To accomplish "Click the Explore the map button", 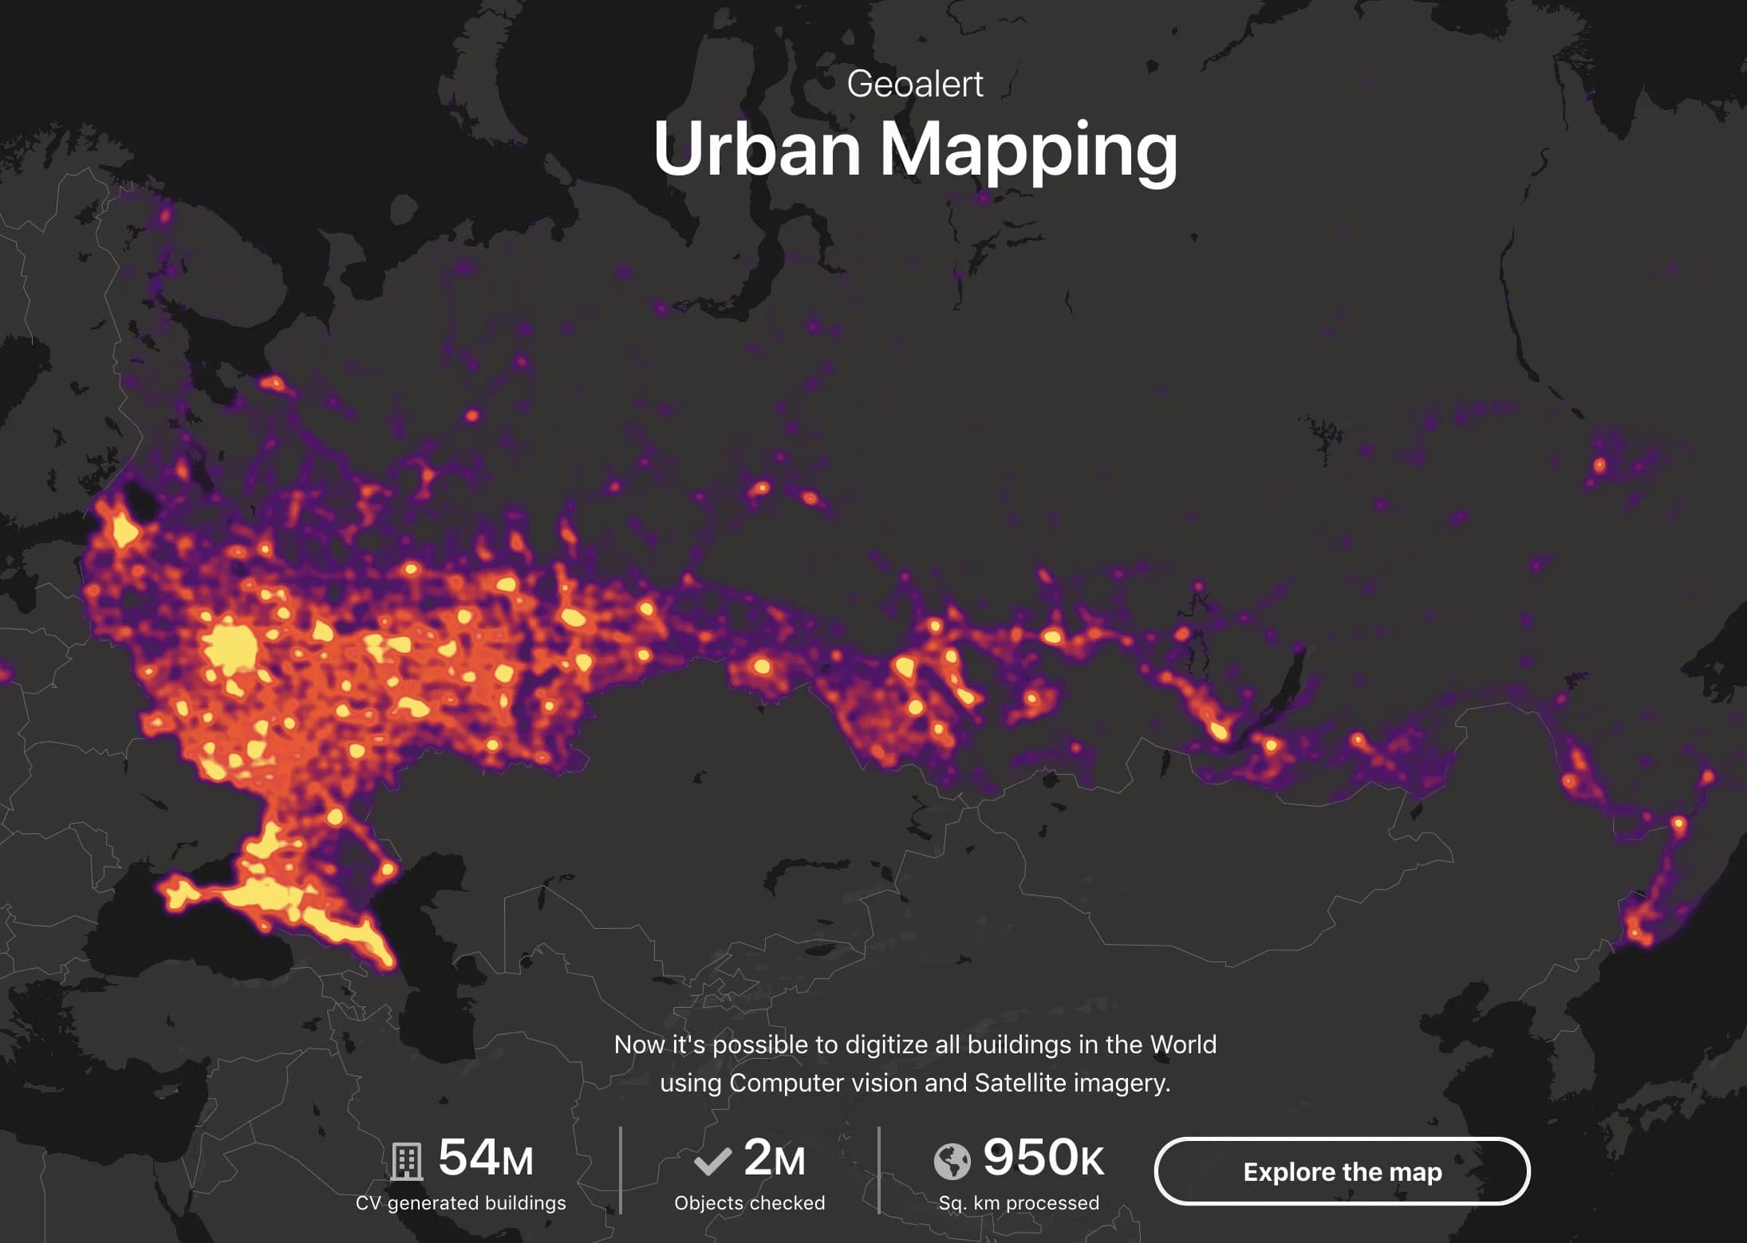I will coord(1342,1171).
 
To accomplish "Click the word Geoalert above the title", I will coord(915,84).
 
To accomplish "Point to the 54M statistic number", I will coord(485,1158).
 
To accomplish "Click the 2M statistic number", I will coord(774,1158).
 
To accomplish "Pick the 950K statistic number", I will coord(1043,1158).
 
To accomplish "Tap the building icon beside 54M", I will coord(406,1161).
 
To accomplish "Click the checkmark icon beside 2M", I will coord(712,1161).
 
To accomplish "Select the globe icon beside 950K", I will coord(952,1161).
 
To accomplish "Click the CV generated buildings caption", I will coord(460,1203).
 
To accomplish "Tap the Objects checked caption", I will coord(749,1203).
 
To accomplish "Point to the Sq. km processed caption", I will coord(1019,1203).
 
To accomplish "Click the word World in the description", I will coord(1183,1044).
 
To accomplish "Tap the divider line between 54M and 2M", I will coord(621,1170).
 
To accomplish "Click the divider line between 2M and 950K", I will coord(878,1170).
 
